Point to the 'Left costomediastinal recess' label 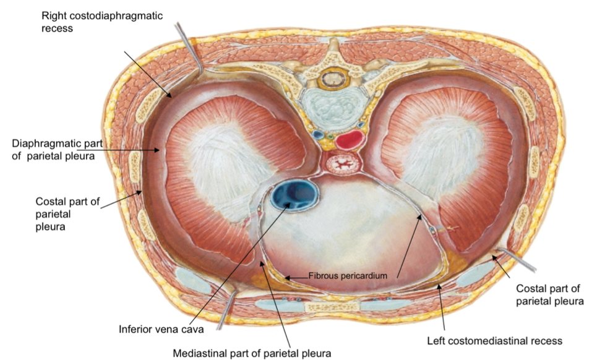pos(494,340)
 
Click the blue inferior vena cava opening pos(294,194)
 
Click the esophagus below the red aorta pos(342,165)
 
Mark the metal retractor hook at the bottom pos(225,310)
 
